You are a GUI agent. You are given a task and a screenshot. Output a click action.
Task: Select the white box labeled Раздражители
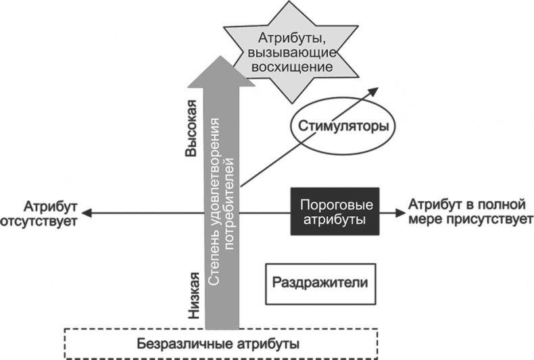pyautogui.click(x=320, y=282)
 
